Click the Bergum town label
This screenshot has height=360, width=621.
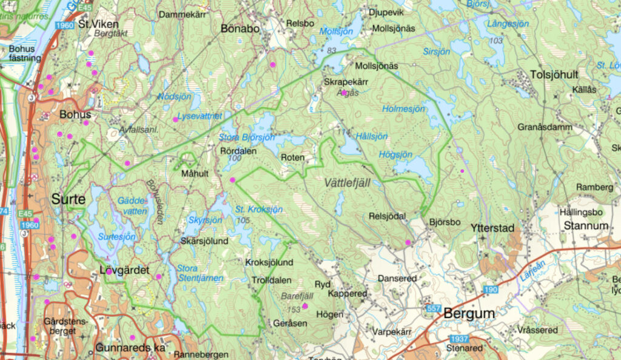tap(469, 314)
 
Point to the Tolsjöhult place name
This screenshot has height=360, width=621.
tap(554, 75)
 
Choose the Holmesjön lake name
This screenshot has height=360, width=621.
tap(404, 109)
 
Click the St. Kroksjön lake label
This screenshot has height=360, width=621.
tap(259, 210)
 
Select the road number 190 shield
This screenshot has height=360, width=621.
tap(491, 290)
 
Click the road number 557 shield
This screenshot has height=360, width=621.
tap(433, 309)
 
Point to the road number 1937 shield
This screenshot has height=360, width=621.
tap(460, 338)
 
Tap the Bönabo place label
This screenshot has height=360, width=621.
tap(240, 28)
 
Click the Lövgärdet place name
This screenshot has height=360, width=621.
tap(124, 270)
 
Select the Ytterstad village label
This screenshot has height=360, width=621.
tap(492, 228)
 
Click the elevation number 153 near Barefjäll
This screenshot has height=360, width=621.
tap(295, 310)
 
